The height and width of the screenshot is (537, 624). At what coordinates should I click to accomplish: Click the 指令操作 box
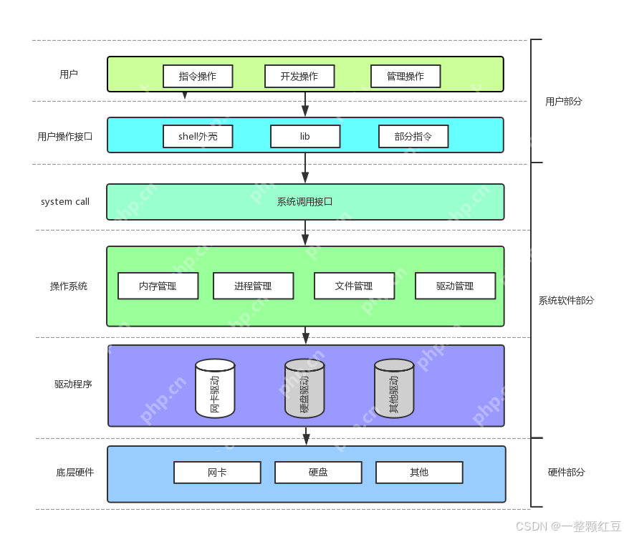(198, 77)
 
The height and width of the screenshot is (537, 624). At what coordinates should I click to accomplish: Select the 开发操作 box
(299, 77)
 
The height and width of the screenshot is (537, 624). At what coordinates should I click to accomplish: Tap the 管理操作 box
(405, 77)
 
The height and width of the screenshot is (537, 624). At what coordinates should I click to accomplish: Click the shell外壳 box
(198, 137)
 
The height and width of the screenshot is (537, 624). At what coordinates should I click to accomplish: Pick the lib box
(305, 137)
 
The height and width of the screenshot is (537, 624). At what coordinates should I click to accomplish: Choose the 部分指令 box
(413, 137)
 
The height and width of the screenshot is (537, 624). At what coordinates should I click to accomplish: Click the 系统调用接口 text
(305, 202)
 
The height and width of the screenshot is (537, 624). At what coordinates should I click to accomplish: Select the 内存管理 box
(158, 286)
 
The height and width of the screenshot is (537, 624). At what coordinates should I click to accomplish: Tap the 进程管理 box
(253, 286)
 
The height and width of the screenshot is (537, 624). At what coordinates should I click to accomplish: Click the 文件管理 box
(354, 286)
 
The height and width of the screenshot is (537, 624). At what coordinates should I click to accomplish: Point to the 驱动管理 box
(455, 286)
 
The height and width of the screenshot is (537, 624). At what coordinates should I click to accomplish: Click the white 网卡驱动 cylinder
(215, 389)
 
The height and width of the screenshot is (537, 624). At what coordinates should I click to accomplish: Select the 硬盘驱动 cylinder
(304, 389)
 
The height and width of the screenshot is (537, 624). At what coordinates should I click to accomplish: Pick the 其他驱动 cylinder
(394, 389)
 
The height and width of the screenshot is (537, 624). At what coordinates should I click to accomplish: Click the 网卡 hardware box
(217, 473)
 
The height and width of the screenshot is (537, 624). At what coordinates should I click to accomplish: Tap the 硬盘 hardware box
(318, 473)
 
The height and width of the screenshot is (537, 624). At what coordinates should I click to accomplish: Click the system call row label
(65, 202)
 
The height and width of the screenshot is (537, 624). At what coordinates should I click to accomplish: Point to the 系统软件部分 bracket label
(566, 301)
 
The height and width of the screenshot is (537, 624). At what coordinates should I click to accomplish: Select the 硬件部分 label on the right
(566, 473)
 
